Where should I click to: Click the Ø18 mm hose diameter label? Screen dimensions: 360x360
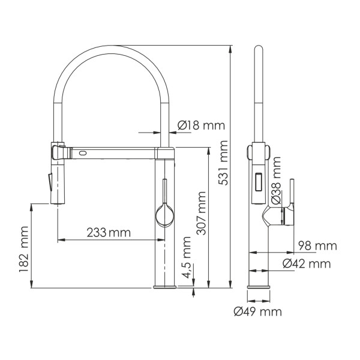200,125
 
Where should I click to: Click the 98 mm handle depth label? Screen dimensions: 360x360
317,245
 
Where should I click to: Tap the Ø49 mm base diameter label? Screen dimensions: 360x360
258,311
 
